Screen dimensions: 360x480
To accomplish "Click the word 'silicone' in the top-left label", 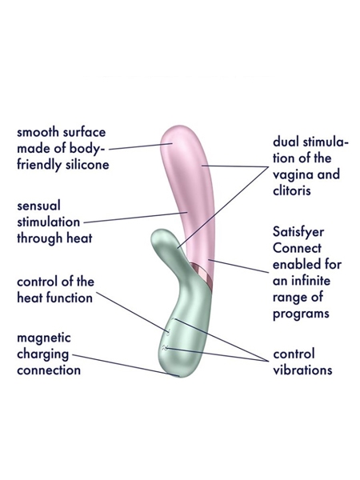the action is pyautogui.click(x=87, y=164).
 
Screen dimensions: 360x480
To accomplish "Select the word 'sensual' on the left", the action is pyautogui.click(x=39, y=206).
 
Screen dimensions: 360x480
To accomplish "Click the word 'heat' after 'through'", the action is pyautogui.click(x=79, y=238).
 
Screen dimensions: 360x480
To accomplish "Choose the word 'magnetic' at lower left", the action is pyautogui.click(x=44, y=338).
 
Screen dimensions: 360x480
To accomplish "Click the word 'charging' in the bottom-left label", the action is pyautogui.click(x=43, y=354).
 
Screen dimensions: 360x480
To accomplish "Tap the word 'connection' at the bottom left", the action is pyautogui.click(x=49, y=370).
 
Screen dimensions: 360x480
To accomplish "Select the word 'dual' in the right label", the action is pyautogui.click(x=286, y=142).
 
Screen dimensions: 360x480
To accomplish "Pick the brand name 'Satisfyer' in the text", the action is pyautogui.click(x=298, y=232).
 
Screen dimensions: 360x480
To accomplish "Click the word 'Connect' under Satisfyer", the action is pyautogui.click(x=297, y=248).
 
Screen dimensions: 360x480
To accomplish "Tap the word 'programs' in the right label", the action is pyautogui.click(x=301, y=314).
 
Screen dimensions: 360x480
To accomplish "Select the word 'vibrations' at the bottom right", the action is pyautogui.click(x=302, y=370).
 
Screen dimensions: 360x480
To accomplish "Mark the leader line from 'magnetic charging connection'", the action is pyautogui.click(x=126, y=366).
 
